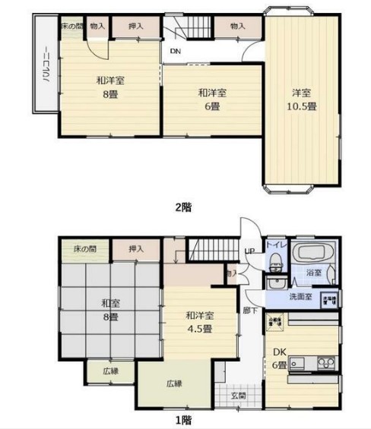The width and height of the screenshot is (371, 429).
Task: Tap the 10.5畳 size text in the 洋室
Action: [302, 106]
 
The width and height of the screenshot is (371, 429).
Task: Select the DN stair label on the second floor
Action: [175, 52]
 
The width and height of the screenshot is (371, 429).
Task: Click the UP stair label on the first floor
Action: [249, 252]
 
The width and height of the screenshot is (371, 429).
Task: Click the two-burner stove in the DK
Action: [328, 361]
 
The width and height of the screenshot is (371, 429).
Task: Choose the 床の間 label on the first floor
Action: [84, 248]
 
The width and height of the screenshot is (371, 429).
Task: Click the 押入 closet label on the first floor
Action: [136, 248]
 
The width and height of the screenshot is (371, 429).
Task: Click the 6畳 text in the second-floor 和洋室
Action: [211, 106]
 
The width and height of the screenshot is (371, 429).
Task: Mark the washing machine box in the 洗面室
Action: [328, 298]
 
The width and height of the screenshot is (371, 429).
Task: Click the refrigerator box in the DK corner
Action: [274, 321]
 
